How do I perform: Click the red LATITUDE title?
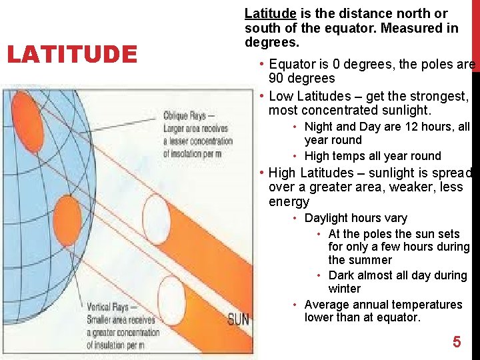pyautogui.click(x=71, y=53)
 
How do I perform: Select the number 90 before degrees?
pyautogui.click(x=277, y=78)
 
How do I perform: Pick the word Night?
pyautogui.click(x=319, y=127)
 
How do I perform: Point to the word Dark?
pyautogui.click(x=341, y=275)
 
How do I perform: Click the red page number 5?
pyautogui.click(x=457, y=342)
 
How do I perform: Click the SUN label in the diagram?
pyautogui.click(x=239, y=319)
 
